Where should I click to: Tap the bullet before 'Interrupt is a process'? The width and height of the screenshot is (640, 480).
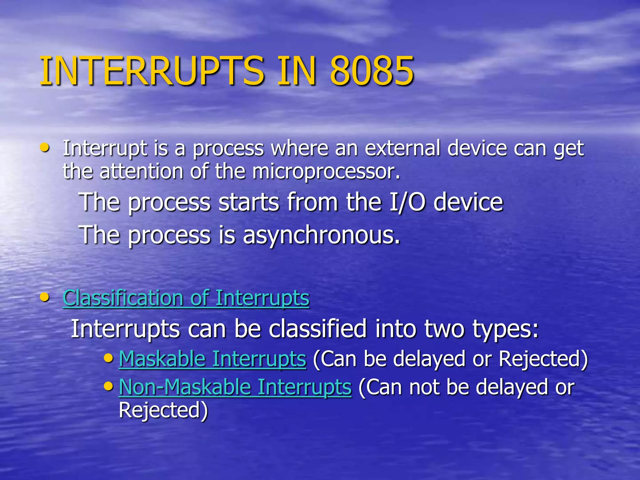pos(45,147)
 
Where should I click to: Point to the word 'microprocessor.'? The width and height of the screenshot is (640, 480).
pos(326,172)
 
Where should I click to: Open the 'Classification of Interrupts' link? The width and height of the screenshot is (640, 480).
pos(186,298)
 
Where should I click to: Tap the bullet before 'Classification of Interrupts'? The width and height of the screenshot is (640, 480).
pos(45,297)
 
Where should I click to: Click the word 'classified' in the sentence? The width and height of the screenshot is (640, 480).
pos(317,329)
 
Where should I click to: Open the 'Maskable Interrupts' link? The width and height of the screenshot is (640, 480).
pos(212,359)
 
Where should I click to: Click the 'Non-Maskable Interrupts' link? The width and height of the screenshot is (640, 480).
pos(235,387)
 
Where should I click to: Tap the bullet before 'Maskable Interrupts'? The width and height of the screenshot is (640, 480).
pos(108,357)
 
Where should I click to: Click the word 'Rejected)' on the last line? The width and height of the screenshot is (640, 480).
pos(163,410)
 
